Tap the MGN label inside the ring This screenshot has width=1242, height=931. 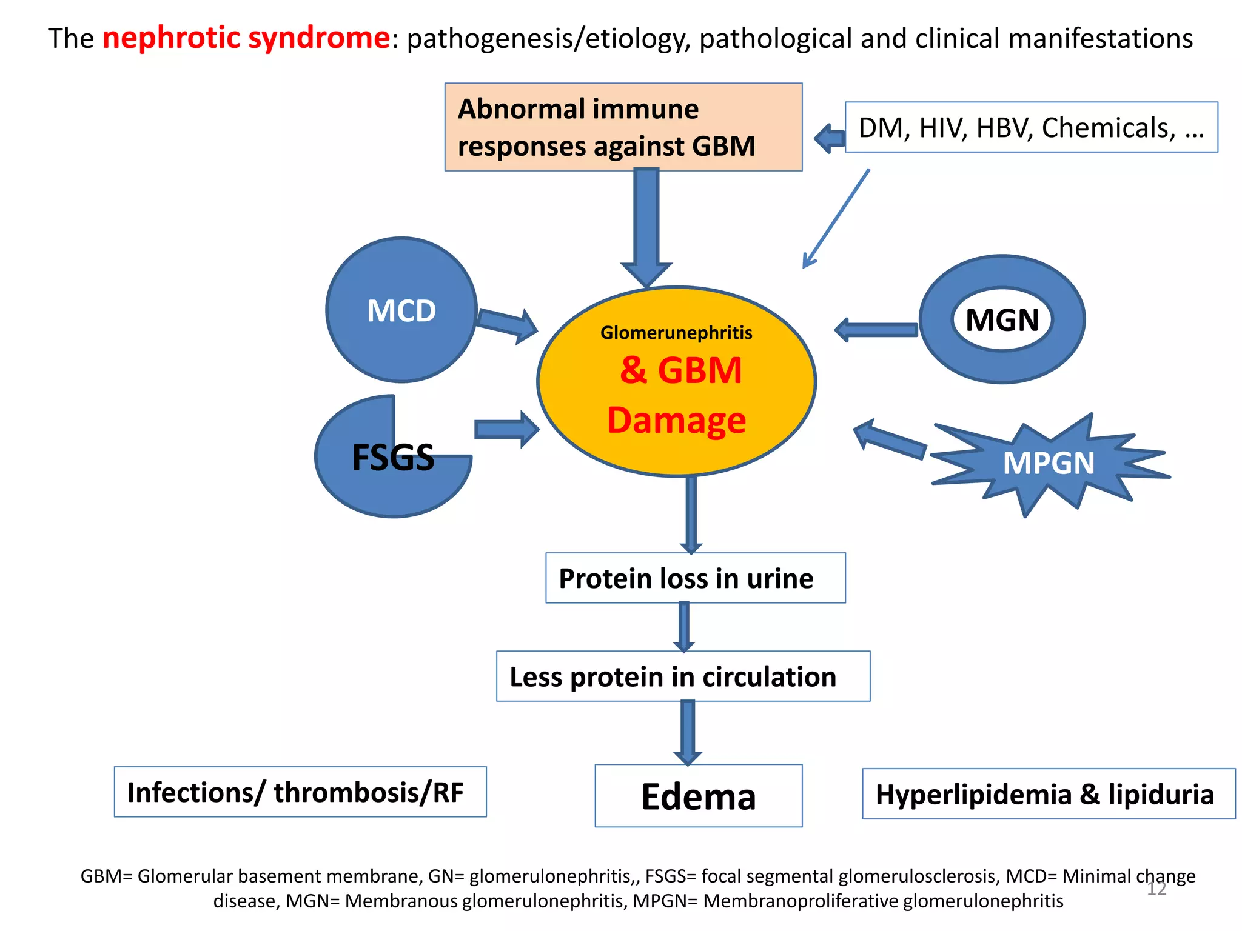point(1002,319)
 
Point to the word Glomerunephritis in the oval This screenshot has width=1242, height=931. point(676,333)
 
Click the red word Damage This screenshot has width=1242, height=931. point(676,420)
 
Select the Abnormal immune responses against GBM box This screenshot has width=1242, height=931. point(623,127)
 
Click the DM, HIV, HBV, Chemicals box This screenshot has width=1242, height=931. point(1031,127)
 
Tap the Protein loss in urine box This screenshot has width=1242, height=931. point(695,578)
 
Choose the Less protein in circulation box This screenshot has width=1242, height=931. point(683,676)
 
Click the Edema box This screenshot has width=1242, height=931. point(698,796)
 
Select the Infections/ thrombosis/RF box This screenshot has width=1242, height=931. point(300,792)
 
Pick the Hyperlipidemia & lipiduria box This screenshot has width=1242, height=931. point(1048,794)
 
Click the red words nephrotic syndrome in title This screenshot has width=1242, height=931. point(246,38)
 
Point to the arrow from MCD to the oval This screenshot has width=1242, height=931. point(507,324)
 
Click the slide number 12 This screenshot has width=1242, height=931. point(1156,889)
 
